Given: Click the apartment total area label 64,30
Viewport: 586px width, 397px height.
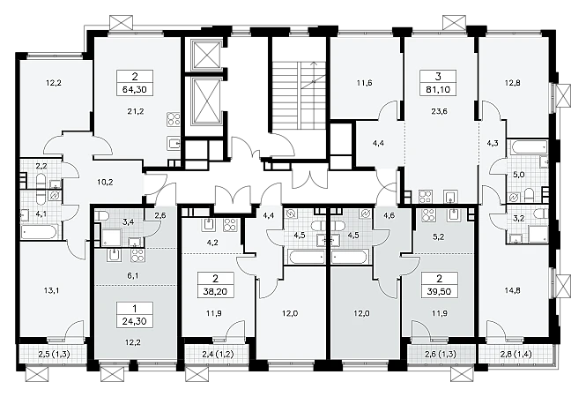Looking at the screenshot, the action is pyautogui.click(x=135, y=90).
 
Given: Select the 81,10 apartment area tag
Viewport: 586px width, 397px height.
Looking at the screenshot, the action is pyautogui.click(x=438, y=90).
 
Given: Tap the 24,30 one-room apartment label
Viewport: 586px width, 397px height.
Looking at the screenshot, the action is pyautogui.click(x=135, y=321).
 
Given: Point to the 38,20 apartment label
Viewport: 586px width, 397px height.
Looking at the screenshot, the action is pyautogui.click(x=215, y=291).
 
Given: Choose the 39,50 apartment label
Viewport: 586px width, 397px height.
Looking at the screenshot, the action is pyautogui.click(x=439, y=291).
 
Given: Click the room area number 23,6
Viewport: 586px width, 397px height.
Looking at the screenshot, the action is pyautogui.click(x=439, y=111).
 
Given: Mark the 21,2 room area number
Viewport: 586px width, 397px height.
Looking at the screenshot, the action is pyautogui.click(x=136, y=111).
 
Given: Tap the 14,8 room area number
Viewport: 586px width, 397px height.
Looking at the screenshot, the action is pyautogui.click(x=512, y=290).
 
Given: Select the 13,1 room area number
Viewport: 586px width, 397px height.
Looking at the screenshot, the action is pyautogui.click(x=54, y=290).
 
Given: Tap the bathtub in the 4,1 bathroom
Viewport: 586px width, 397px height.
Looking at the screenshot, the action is pyautogui.click(x=40, y=232).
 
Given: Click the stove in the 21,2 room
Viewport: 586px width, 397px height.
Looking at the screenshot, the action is pyautogui.click(x=174, y=120).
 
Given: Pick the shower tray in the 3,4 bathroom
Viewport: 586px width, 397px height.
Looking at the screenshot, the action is pyautogui.click(x=111, y=238).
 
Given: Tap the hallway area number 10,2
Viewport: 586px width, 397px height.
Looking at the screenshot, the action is pyautogui.click(x=106, y=183).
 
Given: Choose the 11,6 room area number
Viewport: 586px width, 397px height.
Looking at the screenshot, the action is pyautogui.click(x=364, y=83).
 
